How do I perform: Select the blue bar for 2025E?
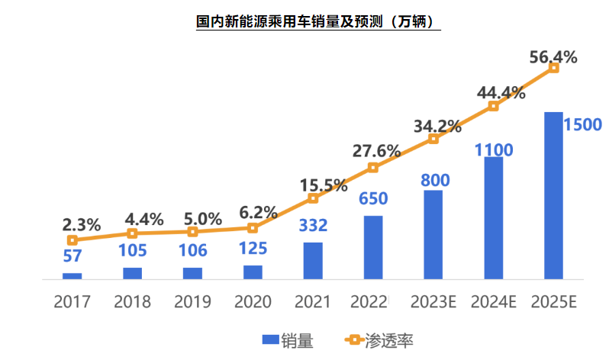coord(554,195)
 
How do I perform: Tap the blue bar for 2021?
coord(313,260)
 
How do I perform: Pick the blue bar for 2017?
coord(72,275)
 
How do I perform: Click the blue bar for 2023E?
coord(433,234)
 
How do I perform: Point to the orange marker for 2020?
coord(253,227)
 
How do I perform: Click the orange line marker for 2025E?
coord(554,68)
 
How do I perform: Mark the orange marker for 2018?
coord(132,233)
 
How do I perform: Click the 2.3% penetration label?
coord(81,224)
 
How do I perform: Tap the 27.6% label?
coord(376,150)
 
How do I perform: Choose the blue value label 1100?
coord(494,149)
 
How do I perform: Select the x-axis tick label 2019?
coord(192,301)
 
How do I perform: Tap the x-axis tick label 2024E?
coord(493,301)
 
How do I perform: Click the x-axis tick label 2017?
coord(72,301)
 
